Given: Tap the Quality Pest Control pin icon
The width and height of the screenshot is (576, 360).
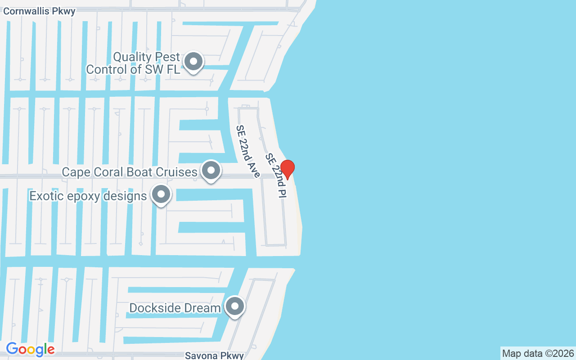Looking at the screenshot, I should click(194, 62).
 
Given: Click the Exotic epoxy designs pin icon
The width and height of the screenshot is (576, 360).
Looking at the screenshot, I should click(161, 195).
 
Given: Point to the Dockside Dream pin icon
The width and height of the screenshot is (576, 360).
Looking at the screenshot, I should click(234, 306).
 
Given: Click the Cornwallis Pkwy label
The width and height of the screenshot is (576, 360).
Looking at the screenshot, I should click(39, 11).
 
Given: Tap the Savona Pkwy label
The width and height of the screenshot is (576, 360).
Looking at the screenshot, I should click(214, 355).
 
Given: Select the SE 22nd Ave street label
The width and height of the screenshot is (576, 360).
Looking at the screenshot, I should click(248, 151).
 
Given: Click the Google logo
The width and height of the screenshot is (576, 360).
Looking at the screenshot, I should click(31, 349).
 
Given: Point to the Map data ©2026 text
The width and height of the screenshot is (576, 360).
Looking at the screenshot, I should click(538, 353).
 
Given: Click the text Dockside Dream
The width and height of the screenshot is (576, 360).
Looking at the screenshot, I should click(175, 308).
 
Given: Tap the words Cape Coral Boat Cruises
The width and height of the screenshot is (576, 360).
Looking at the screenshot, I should click(130, 172).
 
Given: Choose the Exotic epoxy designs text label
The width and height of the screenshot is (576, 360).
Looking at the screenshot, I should click(88, 196).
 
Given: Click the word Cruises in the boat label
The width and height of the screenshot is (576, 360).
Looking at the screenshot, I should click(176, 172).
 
